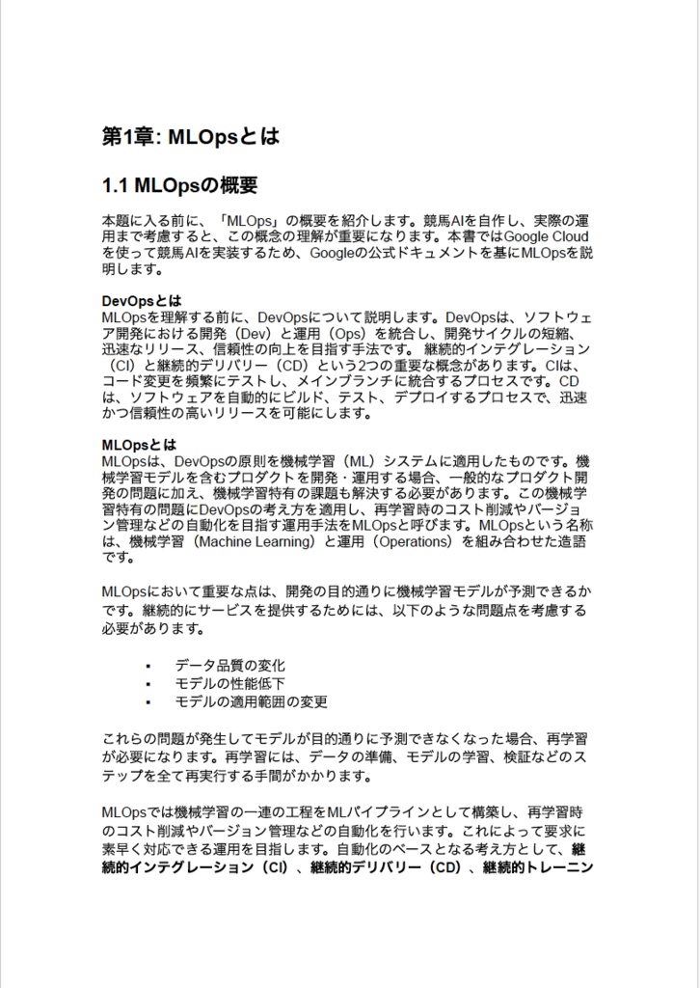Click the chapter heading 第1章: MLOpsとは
[190, 136]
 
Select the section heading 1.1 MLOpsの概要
[179, 183]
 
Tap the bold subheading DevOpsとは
[142, 300]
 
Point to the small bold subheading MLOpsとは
[139, 445]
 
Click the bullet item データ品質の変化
[229, 666]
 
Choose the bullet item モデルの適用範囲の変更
[251, 702]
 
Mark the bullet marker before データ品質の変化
[148, 667]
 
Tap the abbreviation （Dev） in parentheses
[260, 333]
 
